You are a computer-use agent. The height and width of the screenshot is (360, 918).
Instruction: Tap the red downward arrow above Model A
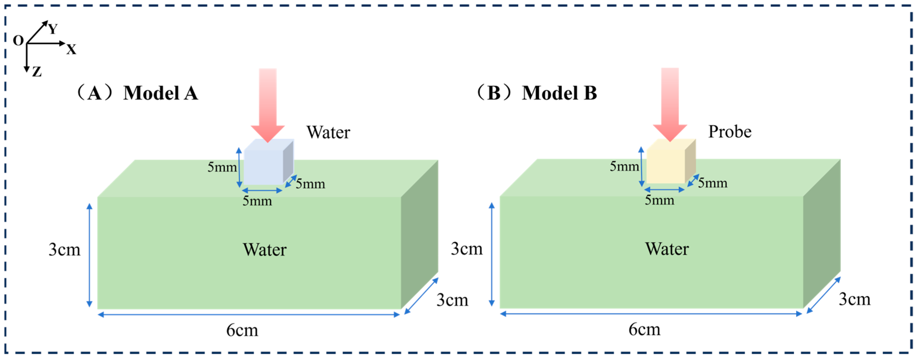(268, 103)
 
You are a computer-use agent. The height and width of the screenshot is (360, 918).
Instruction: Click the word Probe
(729, 131)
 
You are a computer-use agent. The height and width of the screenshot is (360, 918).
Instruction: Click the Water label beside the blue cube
(328, 132)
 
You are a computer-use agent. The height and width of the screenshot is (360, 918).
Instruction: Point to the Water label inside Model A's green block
(264, 249)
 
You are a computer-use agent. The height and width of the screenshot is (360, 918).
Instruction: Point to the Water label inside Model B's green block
(667, 249)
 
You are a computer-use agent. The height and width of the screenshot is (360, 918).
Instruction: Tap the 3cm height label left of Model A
(65, 249)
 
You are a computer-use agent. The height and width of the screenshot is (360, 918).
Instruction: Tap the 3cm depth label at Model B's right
(855, 299)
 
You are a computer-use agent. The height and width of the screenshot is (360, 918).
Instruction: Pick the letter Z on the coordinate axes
(37, 72)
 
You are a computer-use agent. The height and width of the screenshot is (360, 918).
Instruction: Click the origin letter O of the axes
(18, 41)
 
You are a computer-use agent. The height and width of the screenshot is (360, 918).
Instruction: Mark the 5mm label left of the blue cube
(222, 167)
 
